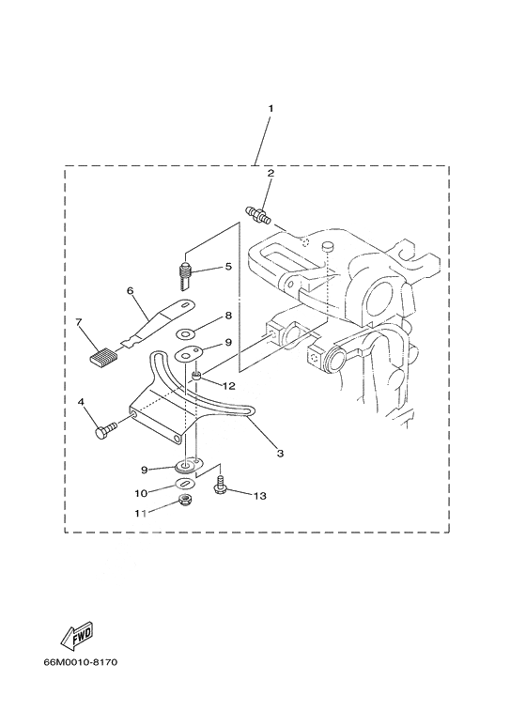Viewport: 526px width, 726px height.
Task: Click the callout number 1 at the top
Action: [271, 108]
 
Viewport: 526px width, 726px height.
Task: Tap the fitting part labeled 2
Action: [258, 214]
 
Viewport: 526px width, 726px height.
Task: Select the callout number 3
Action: [280, 454]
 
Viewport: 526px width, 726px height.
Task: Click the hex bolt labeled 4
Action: [106, 430]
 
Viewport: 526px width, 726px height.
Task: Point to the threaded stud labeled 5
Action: [186, 276]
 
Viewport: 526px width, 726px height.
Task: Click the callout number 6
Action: [131, 291]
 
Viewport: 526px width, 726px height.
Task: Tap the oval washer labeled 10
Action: [186, 484]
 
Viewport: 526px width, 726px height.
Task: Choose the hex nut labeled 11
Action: [186, 500]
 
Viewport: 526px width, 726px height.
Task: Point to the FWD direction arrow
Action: [77, 635]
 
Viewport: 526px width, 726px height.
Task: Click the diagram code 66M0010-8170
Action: [81, 661]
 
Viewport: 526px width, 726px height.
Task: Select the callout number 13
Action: [260, 496]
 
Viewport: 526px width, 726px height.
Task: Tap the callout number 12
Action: [228, 385]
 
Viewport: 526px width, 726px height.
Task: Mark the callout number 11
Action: [141, 513]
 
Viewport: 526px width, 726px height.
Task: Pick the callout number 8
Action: [228, 316]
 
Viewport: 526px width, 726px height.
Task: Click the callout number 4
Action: [81, 402]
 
